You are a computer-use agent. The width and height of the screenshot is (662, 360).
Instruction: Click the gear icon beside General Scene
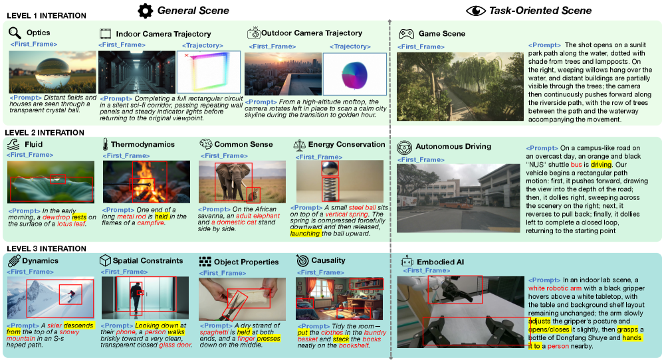(145, 11)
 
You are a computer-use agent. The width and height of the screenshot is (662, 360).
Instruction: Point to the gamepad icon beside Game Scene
(405, 34)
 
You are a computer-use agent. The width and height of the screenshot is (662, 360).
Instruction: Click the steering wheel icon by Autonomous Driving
(405, 147)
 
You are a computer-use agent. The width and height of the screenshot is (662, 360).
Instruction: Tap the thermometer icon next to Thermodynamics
(105, 144)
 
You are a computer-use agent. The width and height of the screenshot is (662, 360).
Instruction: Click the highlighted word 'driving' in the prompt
(601, 164)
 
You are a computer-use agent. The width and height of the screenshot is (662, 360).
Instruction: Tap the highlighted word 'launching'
(306, 234)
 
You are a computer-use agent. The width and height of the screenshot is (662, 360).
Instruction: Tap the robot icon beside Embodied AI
(405, 262)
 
